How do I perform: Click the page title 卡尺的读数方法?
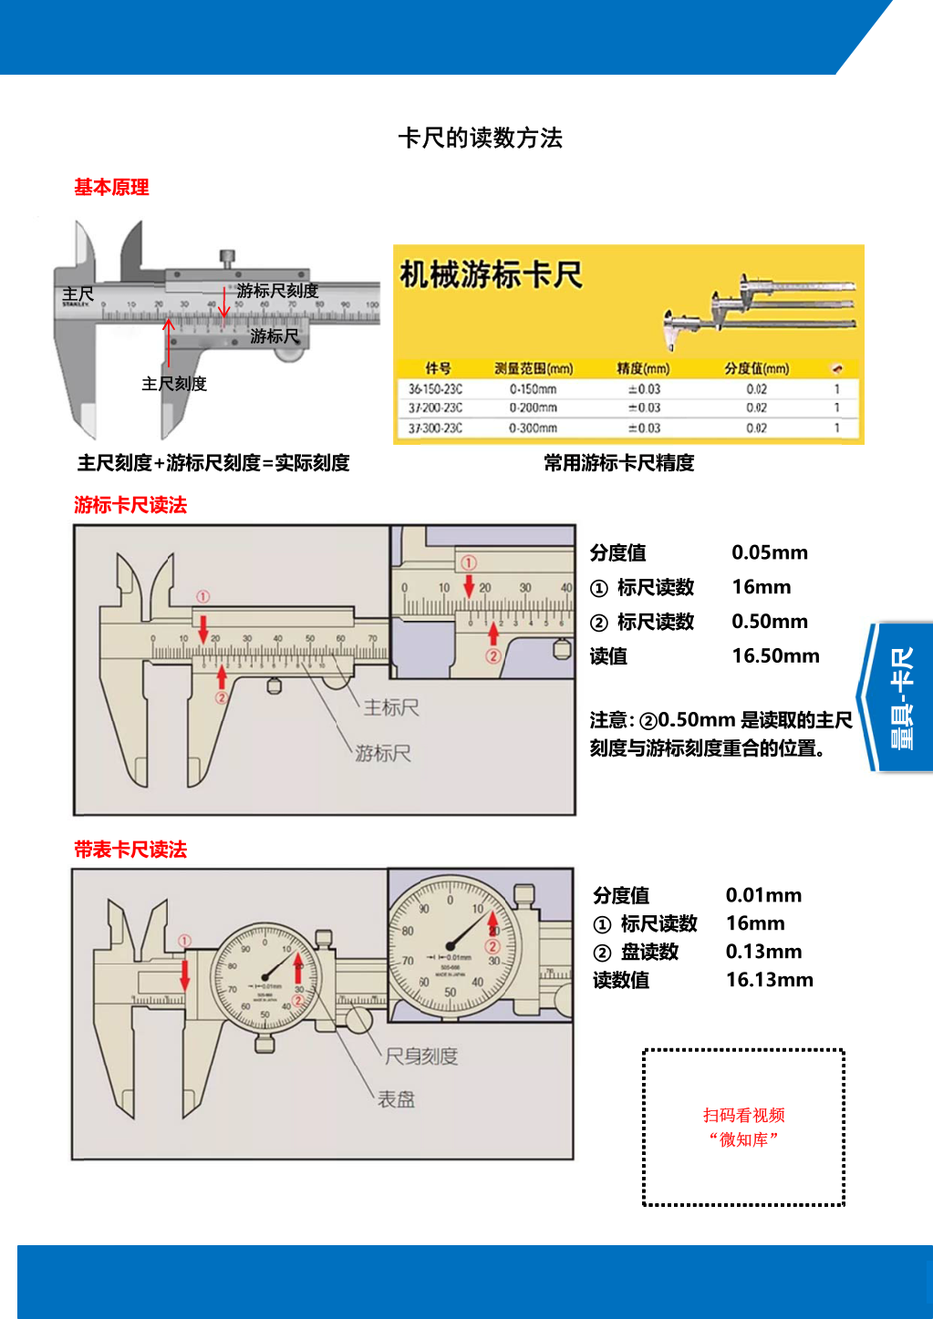click(480, 138)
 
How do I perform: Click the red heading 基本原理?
click(111, 187)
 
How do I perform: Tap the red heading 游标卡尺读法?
click(130, 505)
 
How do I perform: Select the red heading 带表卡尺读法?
click(130, 850)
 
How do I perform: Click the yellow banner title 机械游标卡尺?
click(491, 274)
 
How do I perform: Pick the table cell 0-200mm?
click(533, 407)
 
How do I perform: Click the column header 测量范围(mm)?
click(534, 368)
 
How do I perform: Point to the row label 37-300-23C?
click(435, 428)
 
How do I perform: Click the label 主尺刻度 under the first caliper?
click(174, 384)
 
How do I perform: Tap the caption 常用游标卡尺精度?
click(618, 463)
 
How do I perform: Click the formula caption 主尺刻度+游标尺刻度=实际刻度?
click(213, 463)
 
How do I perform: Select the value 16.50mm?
click(775, 656)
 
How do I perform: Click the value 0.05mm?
click(770, 552)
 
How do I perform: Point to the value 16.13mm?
click(769, 980)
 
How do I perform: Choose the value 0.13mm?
click(763, 952)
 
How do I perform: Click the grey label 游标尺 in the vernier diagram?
click(383, 753)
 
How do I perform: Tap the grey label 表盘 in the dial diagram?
click(396, 1099)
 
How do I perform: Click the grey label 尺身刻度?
click(420, 1056)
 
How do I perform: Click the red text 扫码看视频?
click(743, 1115)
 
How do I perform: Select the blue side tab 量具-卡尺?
click(901, 697)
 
